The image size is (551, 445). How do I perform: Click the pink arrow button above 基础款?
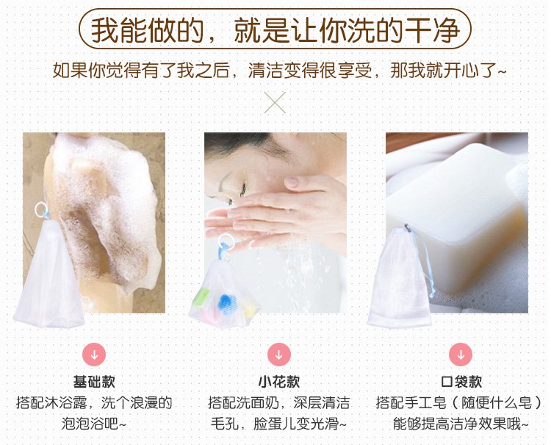point(94,355)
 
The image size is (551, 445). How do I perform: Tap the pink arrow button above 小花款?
point(278,355)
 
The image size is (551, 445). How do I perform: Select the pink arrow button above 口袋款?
point(461,355)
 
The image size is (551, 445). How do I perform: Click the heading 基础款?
point(94,382)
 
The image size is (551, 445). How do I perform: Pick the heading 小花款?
point(279,382)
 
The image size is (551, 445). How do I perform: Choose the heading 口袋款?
point(461,382)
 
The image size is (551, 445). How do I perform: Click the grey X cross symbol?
point(275,103)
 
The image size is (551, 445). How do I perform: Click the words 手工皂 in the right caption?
point(425,403)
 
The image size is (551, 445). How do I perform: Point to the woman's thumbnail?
point(292,182)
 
